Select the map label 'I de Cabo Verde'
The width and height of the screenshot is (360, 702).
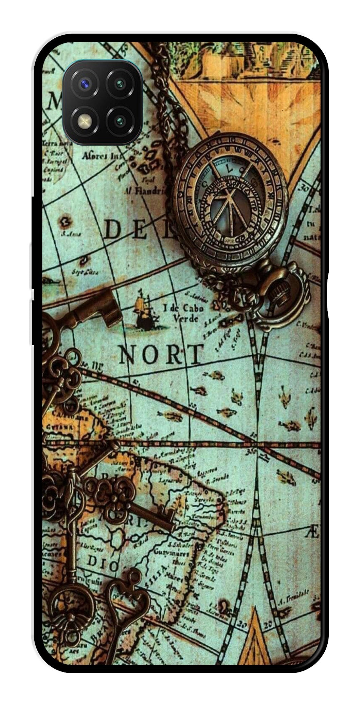(183, 313)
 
